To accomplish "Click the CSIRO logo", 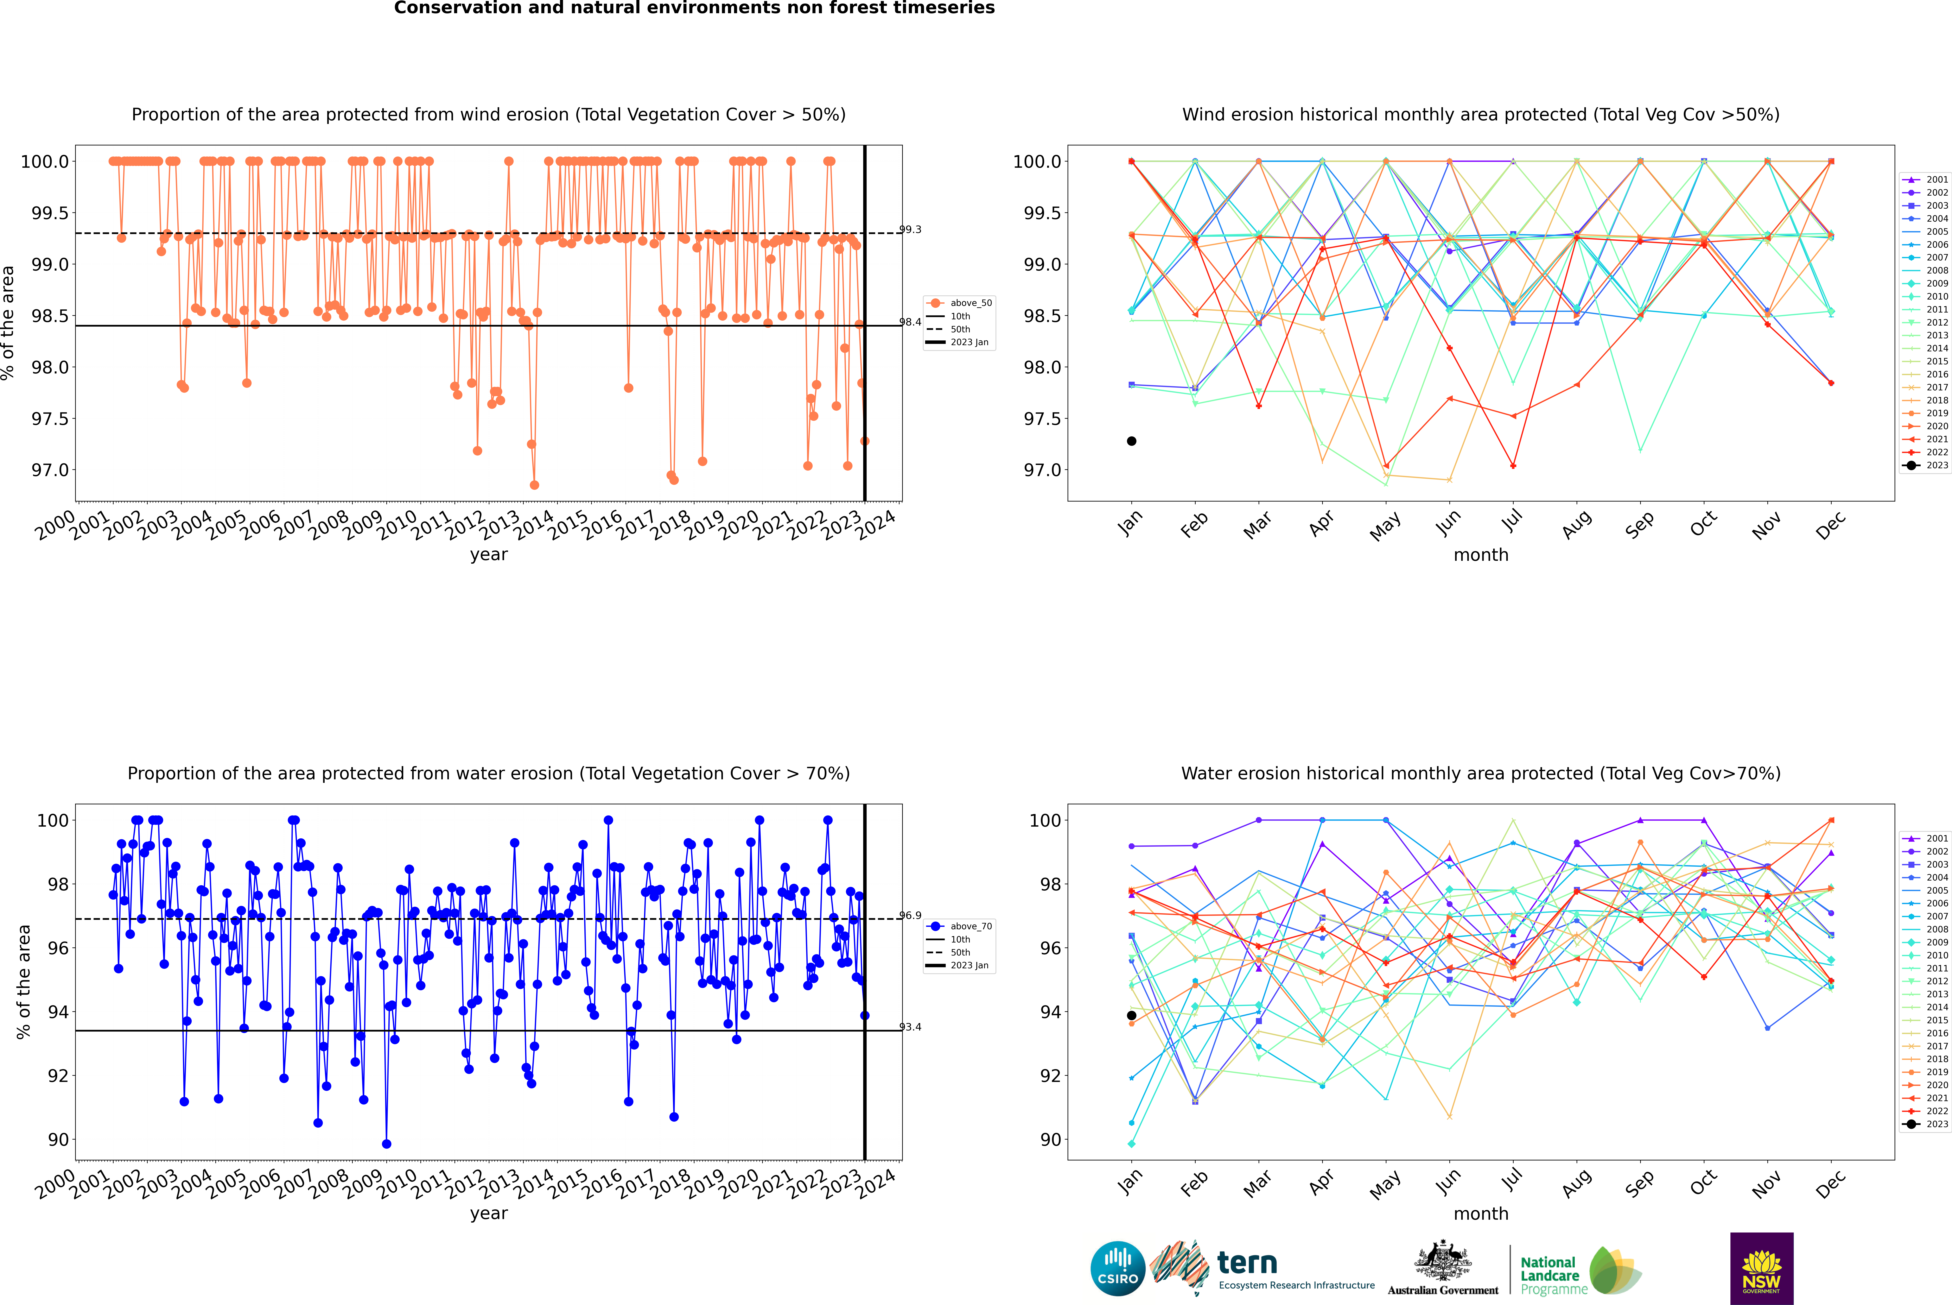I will (x=1118, y=1268).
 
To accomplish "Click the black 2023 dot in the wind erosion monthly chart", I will (x=1132, y=441).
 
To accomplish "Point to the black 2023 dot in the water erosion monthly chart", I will (x=1132, y=1015).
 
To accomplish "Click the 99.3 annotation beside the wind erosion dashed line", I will (x=910, y=230).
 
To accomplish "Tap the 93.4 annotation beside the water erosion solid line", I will (x=910, y=1027).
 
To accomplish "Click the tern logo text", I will (x=1246, y=1263).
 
